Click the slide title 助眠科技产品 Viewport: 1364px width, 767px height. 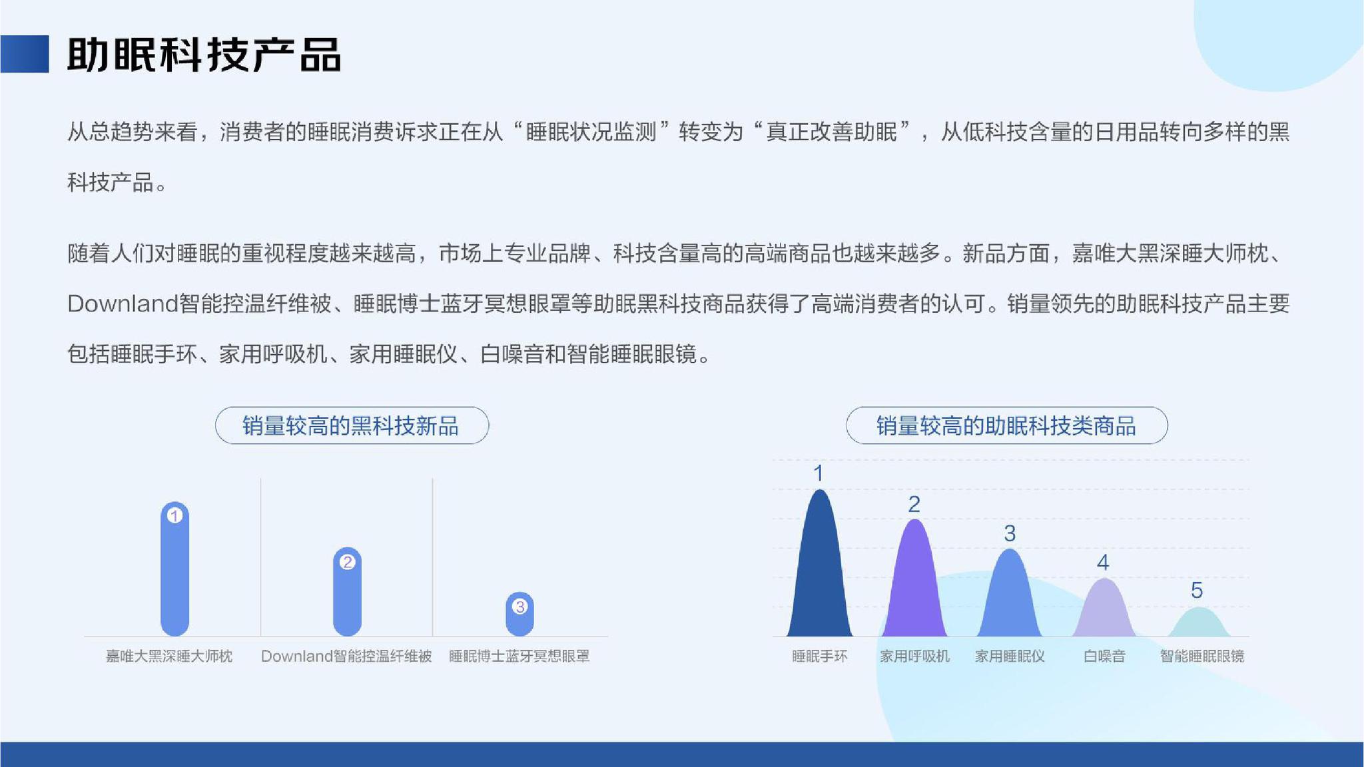point(204,55)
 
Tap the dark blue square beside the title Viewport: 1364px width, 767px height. point(25,54)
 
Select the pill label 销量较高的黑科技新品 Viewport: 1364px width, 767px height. point(352,425)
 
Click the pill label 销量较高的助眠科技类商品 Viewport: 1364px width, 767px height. point(1006,425)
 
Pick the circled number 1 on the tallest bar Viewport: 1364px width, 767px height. point(174,515)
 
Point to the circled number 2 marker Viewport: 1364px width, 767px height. point(347,562)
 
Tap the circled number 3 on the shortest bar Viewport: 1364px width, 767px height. point(519,607)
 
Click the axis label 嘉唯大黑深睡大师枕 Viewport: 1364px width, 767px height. point(169,656)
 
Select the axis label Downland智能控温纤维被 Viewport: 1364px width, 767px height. point(346,656)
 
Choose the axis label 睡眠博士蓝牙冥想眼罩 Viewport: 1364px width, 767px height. point(519,656)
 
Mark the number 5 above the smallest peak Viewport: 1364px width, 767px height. point(1197,591)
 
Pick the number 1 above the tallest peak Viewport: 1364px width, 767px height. point(819,473)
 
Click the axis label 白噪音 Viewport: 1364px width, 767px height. point(1104,656)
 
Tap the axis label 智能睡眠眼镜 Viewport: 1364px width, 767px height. point(1202,656)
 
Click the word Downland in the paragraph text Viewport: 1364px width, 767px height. point(123,304)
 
